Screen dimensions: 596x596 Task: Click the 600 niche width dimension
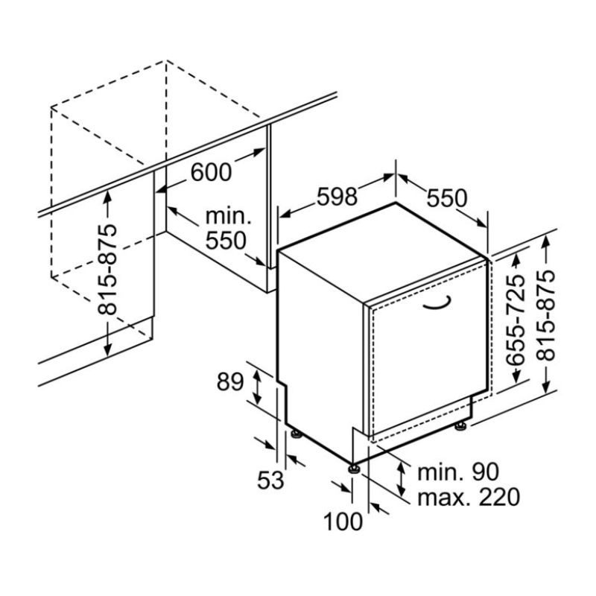coord(212,172)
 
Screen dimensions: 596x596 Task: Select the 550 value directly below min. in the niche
coord(224,241)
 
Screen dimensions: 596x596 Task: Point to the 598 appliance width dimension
coord(337,196)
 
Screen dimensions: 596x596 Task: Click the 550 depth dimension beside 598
coord(446,198)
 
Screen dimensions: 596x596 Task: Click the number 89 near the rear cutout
coord(230,381)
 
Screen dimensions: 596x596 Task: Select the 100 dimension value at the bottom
coord(343,521)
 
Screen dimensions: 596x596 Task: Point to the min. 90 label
coord(457,471)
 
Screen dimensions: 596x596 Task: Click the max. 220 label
coord(468,496)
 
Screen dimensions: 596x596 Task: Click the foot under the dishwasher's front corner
coord(353,467)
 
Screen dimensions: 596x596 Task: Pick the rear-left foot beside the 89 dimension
coord(297,433)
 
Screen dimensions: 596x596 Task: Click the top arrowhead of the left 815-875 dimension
coord(110,194)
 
